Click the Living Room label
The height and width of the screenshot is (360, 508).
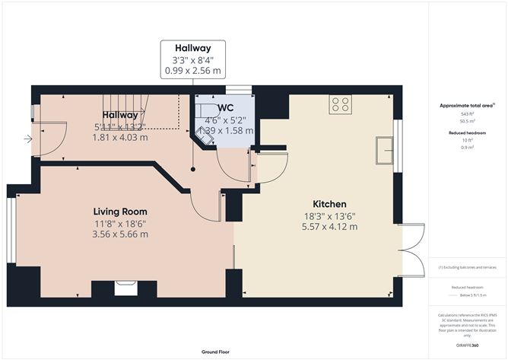click(x=120, y=211)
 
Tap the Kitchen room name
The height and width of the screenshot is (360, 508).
click(x=330, y=204)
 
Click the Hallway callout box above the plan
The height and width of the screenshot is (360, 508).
click(x=192, y=59)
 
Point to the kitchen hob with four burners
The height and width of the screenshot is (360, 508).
click(x=340, y=104)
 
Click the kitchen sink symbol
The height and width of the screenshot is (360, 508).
click(x=386, y=149)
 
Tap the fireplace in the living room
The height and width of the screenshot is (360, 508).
click(x=125, y=288)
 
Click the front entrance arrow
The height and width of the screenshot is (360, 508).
click(x=28, y=139)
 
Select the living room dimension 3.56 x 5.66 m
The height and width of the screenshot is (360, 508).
click(x=120, y=234)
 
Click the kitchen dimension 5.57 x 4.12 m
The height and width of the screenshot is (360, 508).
click(x=330, y=228)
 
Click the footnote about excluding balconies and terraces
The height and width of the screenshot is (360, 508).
click(x=467, y=267)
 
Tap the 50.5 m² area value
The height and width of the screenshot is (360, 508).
click(x=467, y=120)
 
